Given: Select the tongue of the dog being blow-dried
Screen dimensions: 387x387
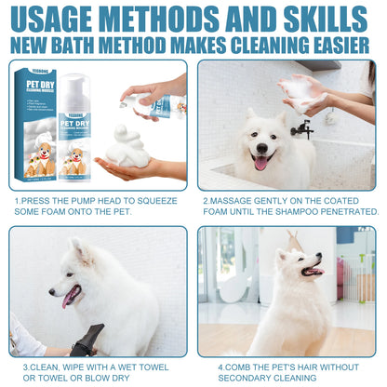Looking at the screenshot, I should coord(67,297).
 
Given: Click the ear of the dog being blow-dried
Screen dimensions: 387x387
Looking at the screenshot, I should coord(84,251).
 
